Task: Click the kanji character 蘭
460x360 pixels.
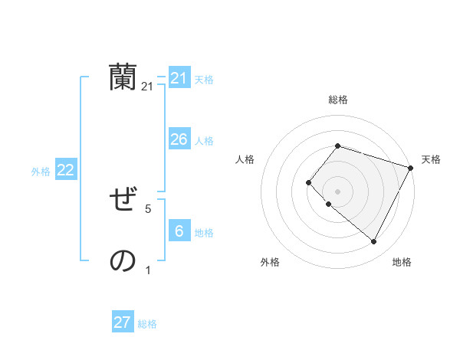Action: (x=123, y=77)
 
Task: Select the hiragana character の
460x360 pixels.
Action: (x=123, y=261)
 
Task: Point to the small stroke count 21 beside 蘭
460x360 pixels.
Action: (x=147, y=87)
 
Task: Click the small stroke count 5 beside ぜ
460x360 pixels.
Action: (x=148, y=208)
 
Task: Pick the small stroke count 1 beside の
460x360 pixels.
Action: (x=148, y=270)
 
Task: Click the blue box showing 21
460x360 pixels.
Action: (x=179, y=78)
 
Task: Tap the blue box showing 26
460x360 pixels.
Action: (x=179, y=139)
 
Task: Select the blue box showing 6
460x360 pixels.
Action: (x=179, y=231)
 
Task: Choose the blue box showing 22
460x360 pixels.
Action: (x=65, y=170)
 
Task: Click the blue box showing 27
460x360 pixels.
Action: (x=123, y=322)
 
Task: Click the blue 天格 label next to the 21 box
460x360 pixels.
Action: (x=204, y=80)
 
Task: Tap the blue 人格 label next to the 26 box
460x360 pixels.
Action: (x=204, y=141)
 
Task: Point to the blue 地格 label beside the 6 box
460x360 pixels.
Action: (x=204, y=233)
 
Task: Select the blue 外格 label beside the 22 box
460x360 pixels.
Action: (x=41, y=172)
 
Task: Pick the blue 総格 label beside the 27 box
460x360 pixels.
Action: (x=147, y=324)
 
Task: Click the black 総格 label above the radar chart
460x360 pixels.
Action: (x=337, y=100)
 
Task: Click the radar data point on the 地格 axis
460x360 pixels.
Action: (x=373, y=241)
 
